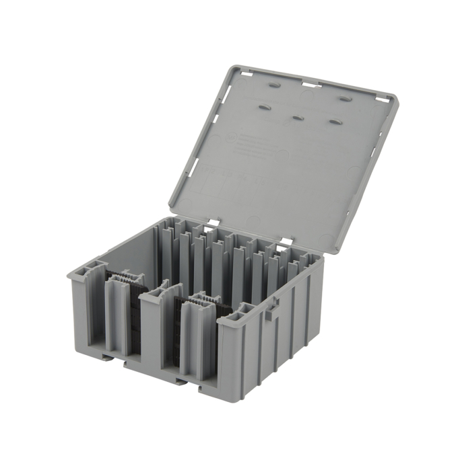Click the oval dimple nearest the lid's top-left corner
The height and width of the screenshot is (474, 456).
point(274,87)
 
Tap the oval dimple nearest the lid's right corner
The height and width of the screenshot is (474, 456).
point(345,99)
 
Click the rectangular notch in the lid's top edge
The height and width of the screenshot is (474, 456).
point(309,84)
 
